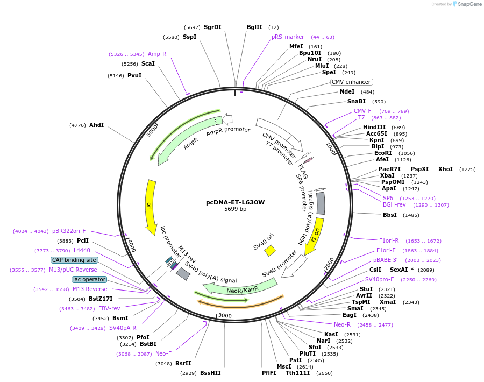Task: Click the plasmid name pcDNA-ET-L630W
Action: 235,203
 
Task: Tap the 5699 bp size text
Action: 235,209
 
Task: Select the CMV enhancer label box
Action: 351,82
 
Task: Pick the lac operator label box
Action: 89,279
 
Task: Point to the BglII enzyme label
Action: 254,27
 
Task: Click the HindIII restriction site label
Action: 374,127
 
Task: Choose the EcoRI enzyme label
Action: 383,153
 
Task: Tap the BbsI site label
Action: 390,215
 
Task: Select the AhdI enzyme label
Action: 97,125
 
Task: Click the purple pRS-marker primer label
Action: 288,37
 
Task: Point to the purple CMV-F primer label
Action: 362,111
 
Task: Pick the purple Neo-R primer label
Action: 342,324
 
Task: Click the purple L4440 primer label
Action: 82,250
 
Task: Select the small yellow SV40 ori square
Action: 270,251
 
